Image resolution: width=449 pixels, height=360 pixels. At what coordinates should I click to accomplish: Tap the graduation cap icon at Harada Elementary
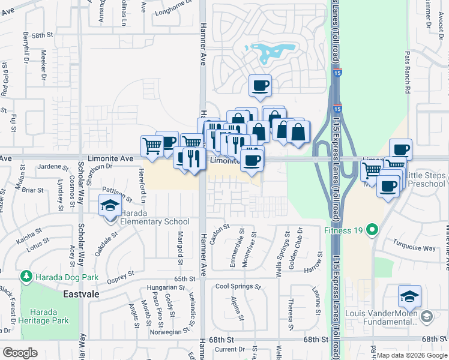(110, 206)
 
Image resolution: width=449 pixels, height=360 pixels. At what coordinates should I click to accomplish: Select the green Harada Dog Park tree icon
(26, 276)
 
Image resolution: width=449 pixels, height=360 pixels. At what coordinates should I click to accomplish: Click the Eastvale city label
(81, 295)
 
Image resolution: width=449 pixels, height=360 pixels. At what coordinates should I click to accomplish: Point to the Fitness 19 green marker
(372, 229)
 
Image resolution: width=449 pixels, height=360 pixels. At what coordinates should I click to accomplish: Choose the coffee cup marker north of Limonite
(260, 86)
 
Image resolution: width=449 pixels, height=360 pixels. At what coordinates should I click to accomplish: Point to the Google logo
(20, 353)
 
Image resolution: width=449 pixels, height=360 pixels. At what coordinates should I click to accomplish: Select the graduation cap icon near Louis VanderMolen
(409, 296)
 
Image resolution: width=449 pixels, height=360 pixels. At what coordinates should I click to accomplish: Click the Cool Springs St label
(238, 287)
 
